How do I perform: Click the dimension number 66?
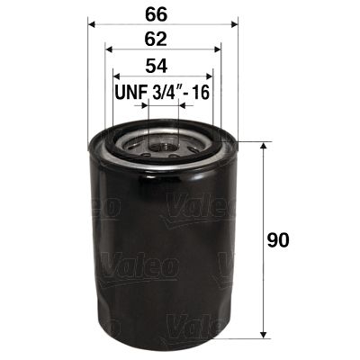(161, 12)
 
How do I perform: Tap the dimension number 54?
(161, 67)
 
